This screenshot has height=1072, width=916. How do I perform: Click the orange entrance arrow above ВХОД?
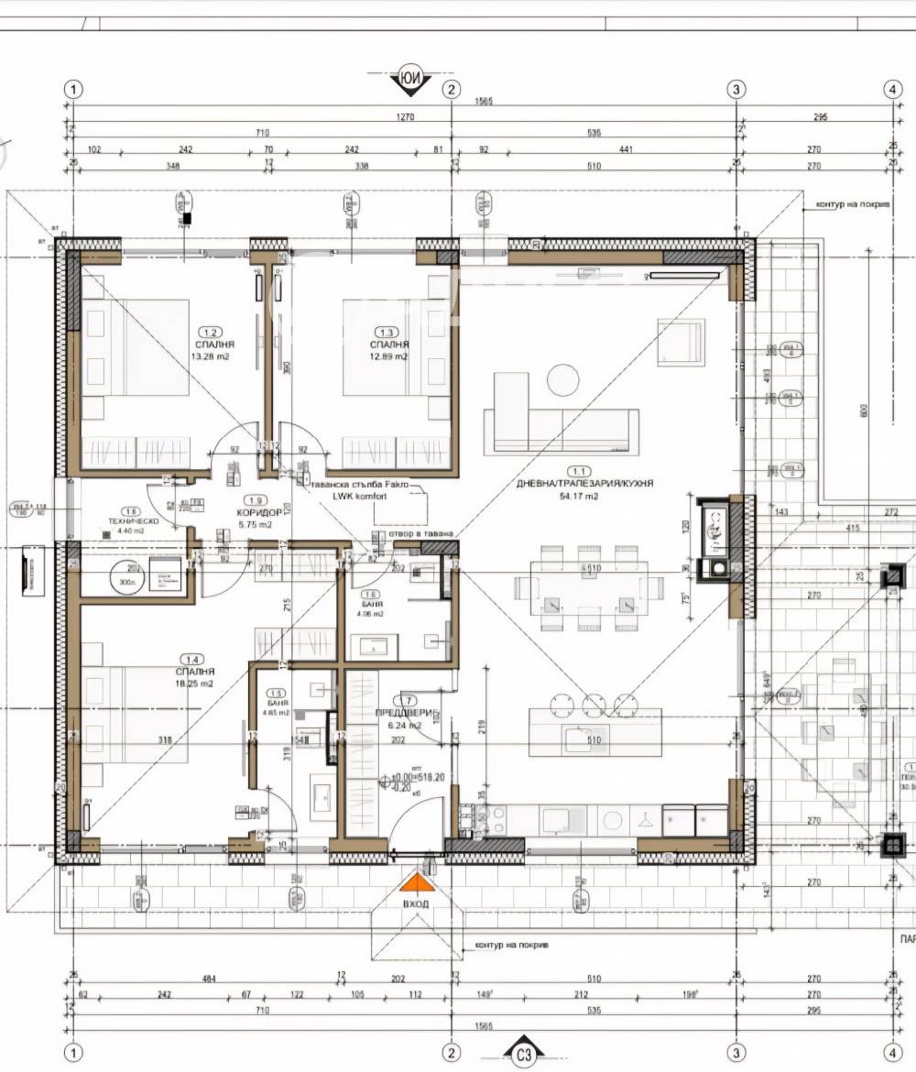(x=417, y=882)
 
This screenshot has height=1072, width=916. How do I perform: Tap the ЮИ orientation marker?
(x=410, y=79)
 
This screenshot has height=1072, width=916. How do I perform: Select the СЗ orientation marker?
(x=524, y=1055)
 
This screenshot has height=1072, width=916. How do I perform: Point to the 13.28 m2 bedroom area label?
(x=210, y=356)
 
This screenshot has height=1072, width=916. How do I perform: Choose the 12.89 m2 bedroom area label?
(x=389, y=356)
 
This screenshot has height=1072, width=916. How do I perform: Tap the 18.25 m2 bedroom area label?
(x=194, y=684)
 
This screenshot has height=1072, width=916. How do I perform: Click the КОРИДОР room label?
(x=252, y=513)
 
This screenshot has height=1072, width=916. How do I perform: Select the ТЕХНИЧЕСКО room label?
(x=134, y=520)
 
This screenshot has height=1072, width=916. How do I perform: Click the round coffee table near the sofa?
(x=563, y=379)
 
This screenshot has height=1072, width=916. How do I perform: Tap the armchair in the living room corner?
(x=681, y=342)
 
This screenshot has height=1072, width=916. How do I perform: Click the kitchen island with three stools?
(x=594, y=733)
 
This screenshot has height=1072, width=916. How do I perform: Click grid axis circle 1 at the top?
(x=73, y=89)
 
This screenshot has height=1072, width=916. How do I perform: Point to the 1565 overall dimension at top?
(x=484, y=101)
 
